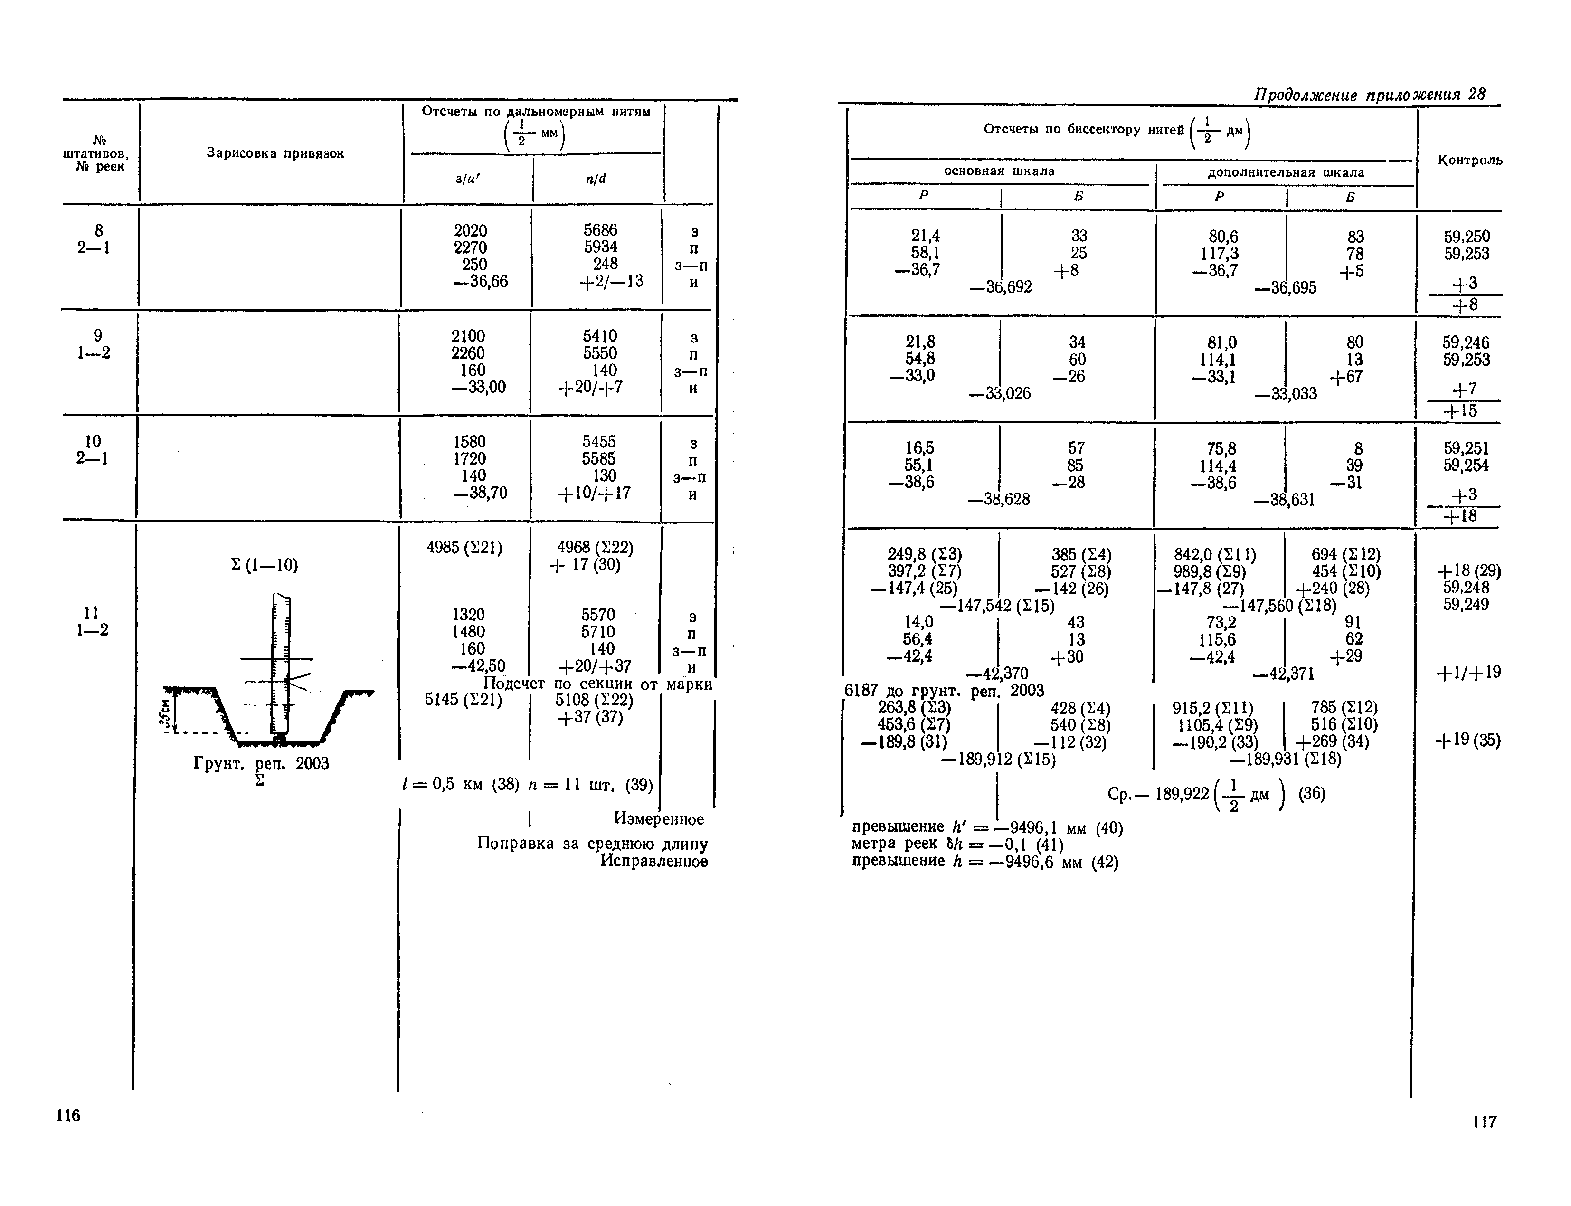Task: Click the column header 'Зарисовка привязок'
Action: pyautogui.click(x=275, y=153)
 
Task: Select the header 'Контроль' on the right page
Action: pyautogui.click(x=1469, y=160)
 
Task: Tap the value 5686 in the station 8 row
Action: pyautogui.click(x=600, y=230)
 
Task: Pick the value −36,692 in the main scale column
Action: pyautogui.click(x=1001, y=288)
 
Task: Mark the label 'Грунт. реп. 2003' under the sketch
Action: pyautogui.click(x=261, y=763)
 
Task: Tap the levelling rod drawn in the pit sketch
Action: pyautogui.click(x=281, y=660)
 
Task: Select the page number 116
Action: pyautogui.click(x=68, y=1115)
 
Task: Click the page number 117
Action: pyautogui.click(x=1484, y=1121)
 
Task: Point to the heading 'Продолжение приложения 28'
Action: pyautogui.click(x=1369, y=95)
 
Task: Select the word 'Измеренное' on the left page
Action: pyautogui.click(x=658, y=819)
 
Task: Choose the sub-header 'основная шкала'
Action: pyautogui.click(x=999, y=171)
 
